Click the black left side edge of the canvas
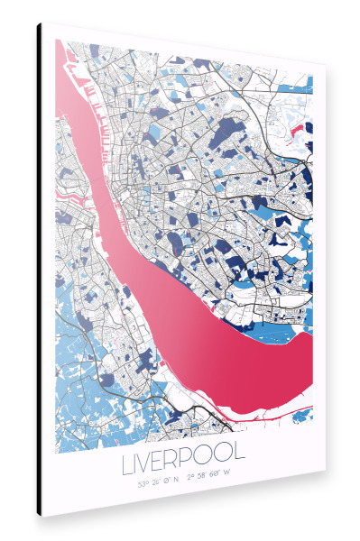click(40, 270)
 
